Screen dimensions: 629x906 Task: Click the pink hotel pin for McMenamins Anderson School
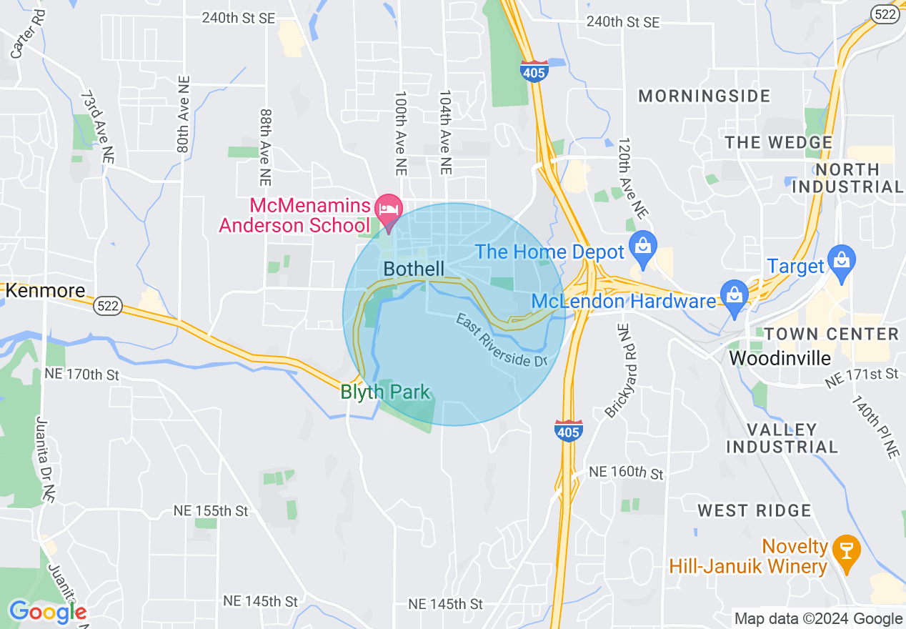pos(389,209)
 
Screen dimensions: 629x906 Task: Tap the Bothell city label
pos(414,269)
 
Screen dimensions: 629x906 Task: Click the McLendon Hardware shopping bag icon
pos(734,295)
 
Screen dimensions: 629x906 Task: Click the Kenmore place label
pos(45,291)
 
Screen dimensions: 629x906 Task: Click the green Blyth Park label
pos(386,392)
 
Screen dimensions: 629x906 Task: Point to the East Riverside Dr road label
pos(502,340)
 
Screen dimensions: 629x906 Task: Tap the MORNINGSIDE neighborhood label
pos(704,96)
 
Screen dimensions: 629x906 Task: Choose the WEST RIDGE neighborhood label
pos(755,510)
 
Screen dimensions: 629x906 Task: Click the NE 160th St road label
pos(626,473)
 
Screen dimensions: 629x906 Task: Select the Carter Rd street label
pos(19,44)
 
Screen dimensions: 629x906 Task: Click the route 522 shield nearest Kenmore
pos(107,306)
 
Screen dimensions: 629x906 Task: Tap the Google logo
pos(47,613)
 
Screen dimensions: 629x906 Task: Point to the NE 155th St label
pos(211,511)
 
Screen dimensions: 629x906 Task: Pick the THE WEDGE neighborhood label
pos(779,142)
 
